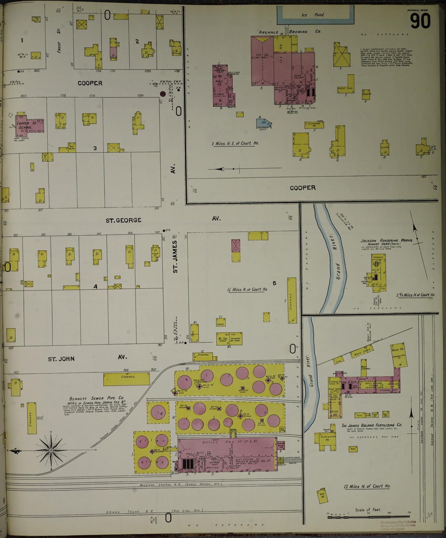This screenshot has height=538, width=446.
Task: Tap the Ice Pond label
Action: click(x=313, y=15)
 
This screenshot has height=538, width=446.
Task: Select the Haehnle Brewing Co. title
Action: click(x=291, y=32)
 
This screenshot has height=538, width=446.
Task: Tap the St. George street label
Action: click(x=123, y=220)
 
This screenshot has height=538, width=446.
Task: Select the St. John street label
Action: click(x=61, y=359)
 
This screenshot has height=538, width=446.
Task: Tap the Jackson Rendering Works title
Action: click(x=386, y=240)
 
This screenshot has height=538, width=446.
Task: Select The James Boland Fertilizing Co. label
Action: click(x=372, y=425)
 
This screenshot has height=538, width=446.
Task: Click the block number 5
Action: click(x=274, y=283)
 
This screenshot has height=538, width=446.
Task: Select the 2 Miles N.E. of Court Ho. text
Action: click(x=235, y=143)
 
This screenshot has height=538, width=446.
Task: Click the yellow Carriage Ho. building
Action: click(x=314, y=125)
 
